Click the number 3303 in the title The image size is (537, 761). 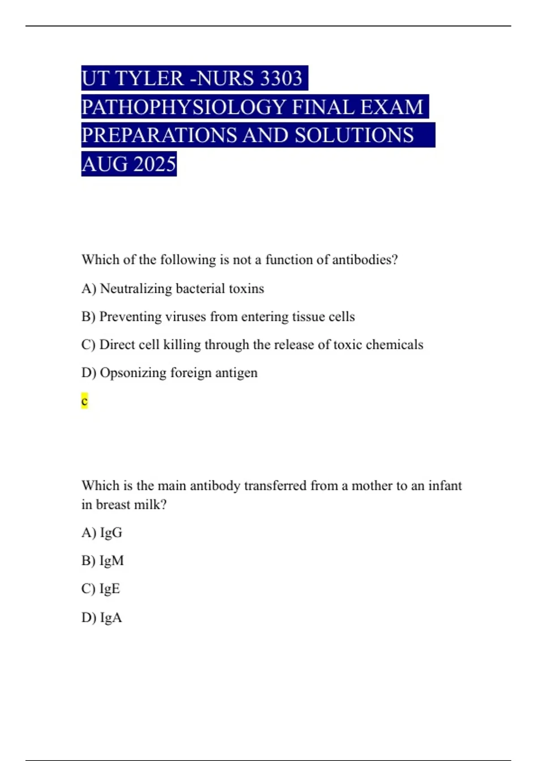[x=281, y=78]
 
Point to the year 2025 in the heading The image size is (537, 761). [x=154, y=164]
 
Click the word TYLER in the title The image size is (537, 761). [x=149, y=78]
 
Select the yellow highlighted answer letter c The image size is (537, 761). [x=85, y=401]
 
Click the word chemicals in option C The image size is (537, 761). [x=394, y=345]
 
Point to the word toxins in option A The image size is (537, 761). [x=246, y=289]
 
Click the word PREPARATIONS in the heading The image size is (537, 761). [x=159, y=136]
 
